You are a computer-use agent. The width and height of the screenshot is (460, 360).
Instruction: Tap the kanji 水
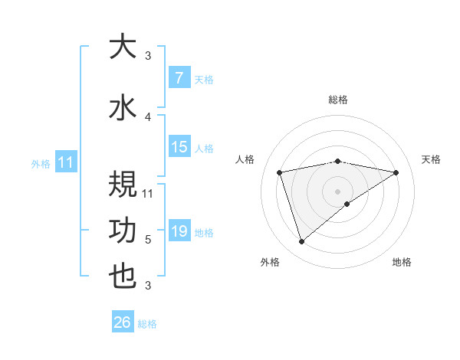(122, 107)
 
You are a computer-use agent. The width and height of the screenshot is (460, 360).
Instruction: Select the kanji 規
(122, 185)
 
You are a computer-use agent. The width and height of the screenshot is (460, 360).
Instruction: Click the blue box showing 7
(179, 78)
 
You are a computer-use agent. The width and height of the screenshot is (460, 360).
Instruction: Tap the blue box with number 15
(179, 147)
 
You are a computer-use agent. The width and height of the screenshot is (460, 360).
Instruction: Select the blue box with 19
(179, 231)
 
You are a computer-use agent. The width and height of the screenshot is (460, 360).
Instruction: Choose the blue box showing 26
(123, 323)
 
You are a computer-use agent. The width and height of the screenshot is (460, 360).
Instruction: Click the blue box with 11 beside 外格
(65, 162)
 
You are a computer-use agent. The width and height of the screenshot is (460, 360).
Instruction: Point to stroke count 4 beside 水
(148, 117)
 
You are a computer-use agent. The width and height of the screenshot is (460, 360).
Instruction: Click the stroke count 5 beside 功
(148, 240)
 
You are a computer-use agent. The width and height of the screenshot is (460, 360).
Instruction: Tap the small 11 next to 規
(149, 194)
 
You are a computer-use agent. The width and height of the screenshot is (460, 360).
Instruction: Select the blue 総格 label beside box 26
(147, 324)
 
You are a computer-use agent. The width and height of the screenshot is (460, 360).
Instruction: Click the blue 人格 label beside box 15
(203, 148)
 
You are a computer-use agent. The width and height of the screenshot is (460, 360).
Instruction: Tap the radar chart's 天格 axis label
(431, 159)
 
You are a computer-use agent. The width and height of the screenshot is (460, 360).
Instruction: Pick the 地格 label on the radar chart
(402, 262)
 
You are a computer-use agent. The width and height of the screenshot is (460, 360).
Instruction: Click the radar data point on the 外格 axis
(301, 242)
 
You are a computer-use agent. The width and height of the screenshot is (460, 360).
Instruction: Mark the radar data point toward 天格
(396, 172)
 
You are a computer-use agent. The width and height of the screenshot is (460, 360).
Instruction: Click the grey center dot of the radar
(337, 191)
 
